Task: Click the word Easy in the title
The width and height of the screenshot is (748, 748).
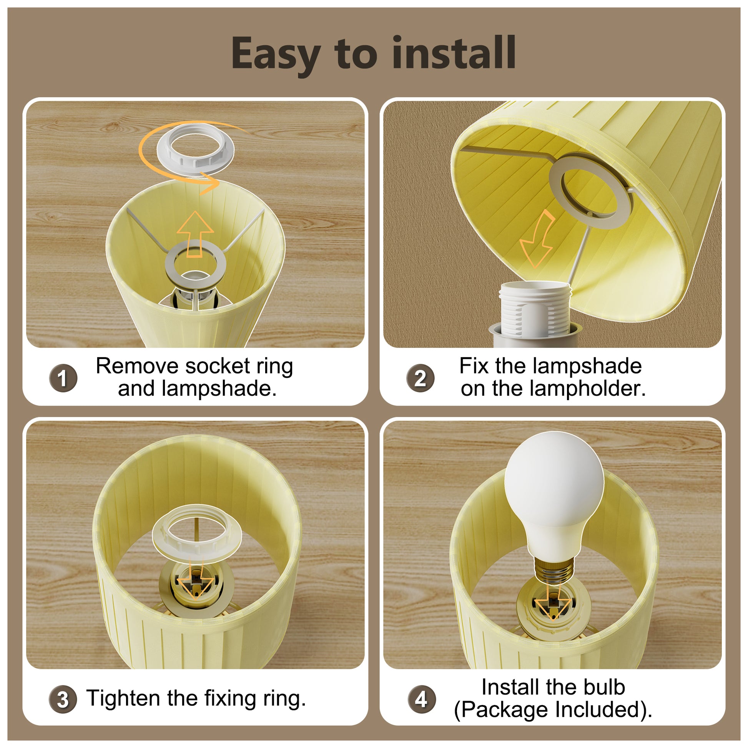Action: click(276, 54)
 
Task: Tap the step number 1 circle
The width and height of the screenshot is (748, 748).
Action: click(63, 378)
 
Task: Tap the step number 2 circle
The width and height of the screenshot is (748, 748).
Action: click(421, 378)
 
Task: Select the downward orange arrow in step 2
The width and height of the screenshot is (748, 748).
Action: click(538, 240)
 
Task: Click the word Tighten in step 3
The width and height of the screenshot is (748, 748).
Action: click(123, 699)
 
